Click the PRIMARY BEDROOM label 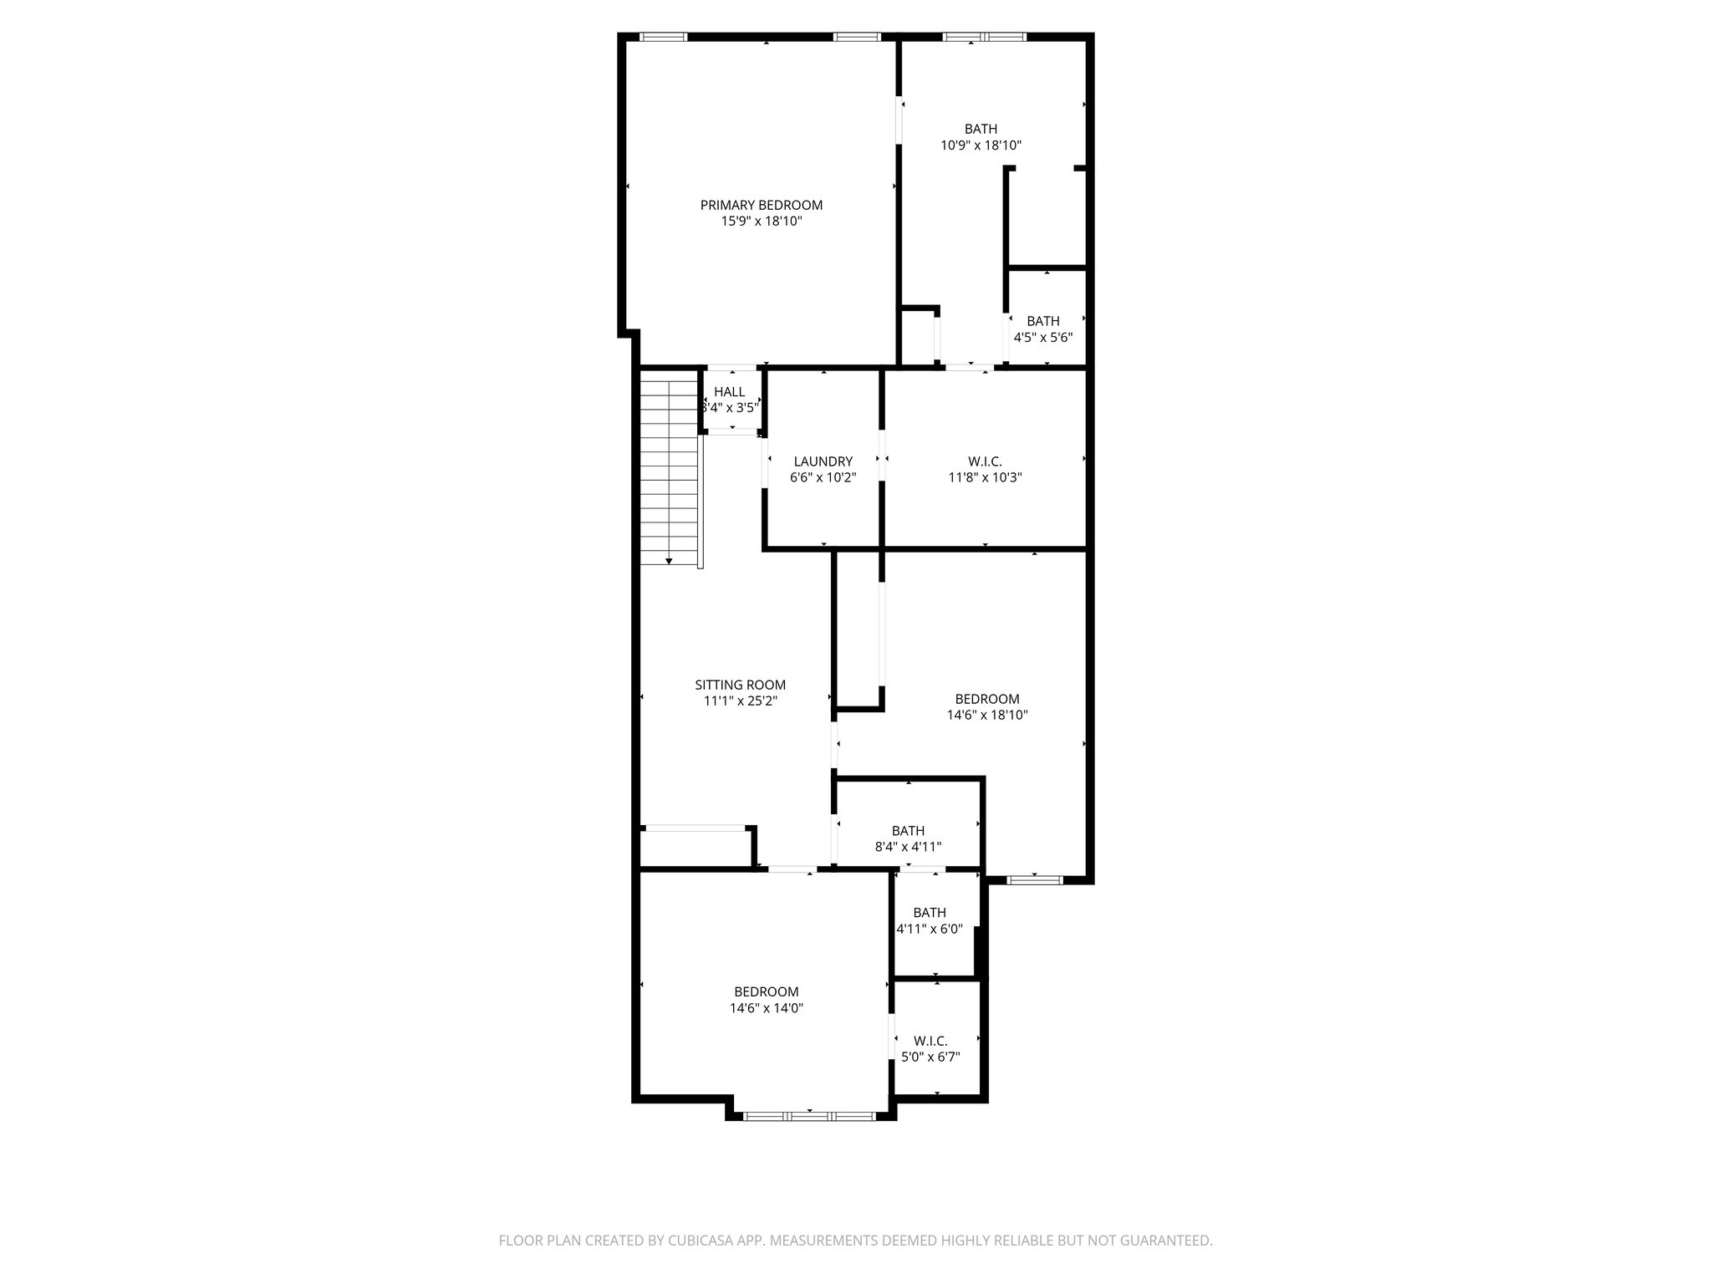[x=761, y=205]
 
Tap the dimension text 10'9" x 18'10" [x=981, y=145]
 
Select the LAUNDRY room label [x=823, y=461]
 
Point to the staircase [x=669, y=468]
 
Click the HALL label [x=729, y=392]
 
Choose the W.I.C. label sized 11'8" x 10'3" [x=985, y=461]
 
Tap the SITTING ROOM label [x=740, y=685]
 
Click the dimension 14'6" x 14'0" [x=766, y=1008]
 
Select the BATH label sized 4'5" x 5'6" [x=1042, y=321]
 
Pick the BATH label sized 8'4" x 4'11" [x=908, y=831]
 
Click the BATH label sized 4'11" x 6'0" [x=930, y=913]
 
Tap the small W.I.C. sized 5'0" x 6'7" [x=930, y=1041]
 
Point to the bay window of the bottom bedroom [x=809, y=1116]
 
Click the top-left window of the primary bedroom [x=664, y=37]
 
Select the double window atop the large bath [x=984, y=37]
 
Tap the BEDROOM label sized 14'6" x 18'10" [x=986, y=699]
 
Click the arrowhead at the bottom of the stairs [x=669, y=561]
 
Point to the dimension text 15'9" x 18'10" [x=761, y=222]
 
